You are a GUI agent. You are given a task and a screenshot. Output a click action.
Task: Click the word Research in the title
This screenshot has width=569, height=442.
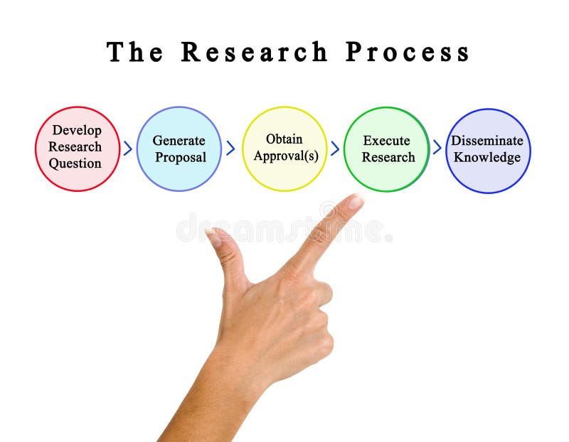(254, 52)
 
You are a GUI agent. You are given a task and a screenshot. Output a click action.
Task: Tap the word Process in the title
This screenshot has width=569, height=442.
(408, 52)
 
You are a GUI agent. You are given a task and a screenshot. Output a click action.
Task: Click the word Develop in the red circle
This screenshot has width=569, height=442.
(77, 131)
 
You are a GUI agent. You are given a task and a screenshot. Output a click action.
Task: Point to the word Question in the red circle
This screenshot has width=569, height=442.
(75, 163)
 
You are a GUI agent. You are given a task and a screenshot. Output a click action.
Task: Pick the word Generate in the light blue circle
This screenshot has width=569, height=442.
(179, 141)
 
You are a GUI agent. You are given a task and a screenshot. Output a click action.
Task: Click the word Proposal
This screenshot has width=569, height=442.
(180, 157)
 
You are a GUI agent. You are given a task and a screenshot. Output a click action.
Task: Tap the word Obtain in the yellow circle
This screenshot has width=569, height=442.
(284, 139)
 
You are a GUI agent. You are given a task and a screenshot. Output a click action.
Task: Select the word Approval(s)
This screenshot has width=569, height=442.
(286, 156)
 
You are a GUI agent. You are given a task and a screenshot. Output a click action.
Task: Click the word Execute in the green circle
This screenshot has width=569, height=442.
(386, 141)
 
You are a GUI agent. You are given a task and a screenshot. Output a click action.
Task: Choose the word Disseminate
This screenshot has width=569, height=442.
(487, 141)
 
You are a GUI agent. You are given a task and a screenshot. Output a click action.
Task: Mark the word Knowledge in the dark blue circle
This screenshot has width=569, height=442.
(487, 157)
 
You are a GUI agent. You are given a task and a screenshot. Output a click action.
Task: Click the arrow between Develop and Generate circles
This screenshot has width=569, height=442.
(128, 149)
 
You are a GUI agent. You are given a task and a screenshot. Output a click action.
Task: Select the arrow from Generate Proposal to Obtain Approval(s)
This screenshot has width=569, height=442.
(230, 148)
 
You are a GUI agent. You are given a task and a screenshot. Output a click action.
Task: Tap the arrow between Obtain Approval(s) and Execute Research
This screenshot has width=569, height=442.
(335, 148)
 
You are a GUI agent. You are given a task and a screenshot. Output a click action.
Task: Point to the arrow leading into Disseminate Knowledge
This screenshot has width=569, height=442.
(437, 147)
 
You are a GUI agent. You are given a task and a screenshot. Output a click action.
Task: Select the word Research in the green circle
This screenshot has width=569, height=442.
(388, 157)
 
